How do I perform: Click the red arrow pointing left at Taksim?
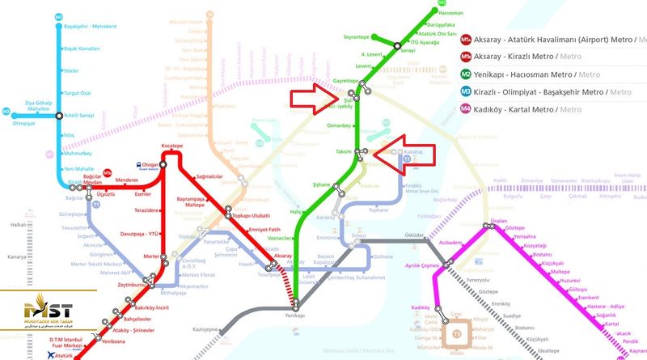[x=404, y=153]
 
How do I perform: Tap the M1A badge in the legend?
[x=467, y=39]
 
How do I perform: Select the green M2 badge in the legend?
[x=467, y=74]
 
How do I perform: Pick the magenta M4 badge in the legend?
[x=467, y=109]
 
